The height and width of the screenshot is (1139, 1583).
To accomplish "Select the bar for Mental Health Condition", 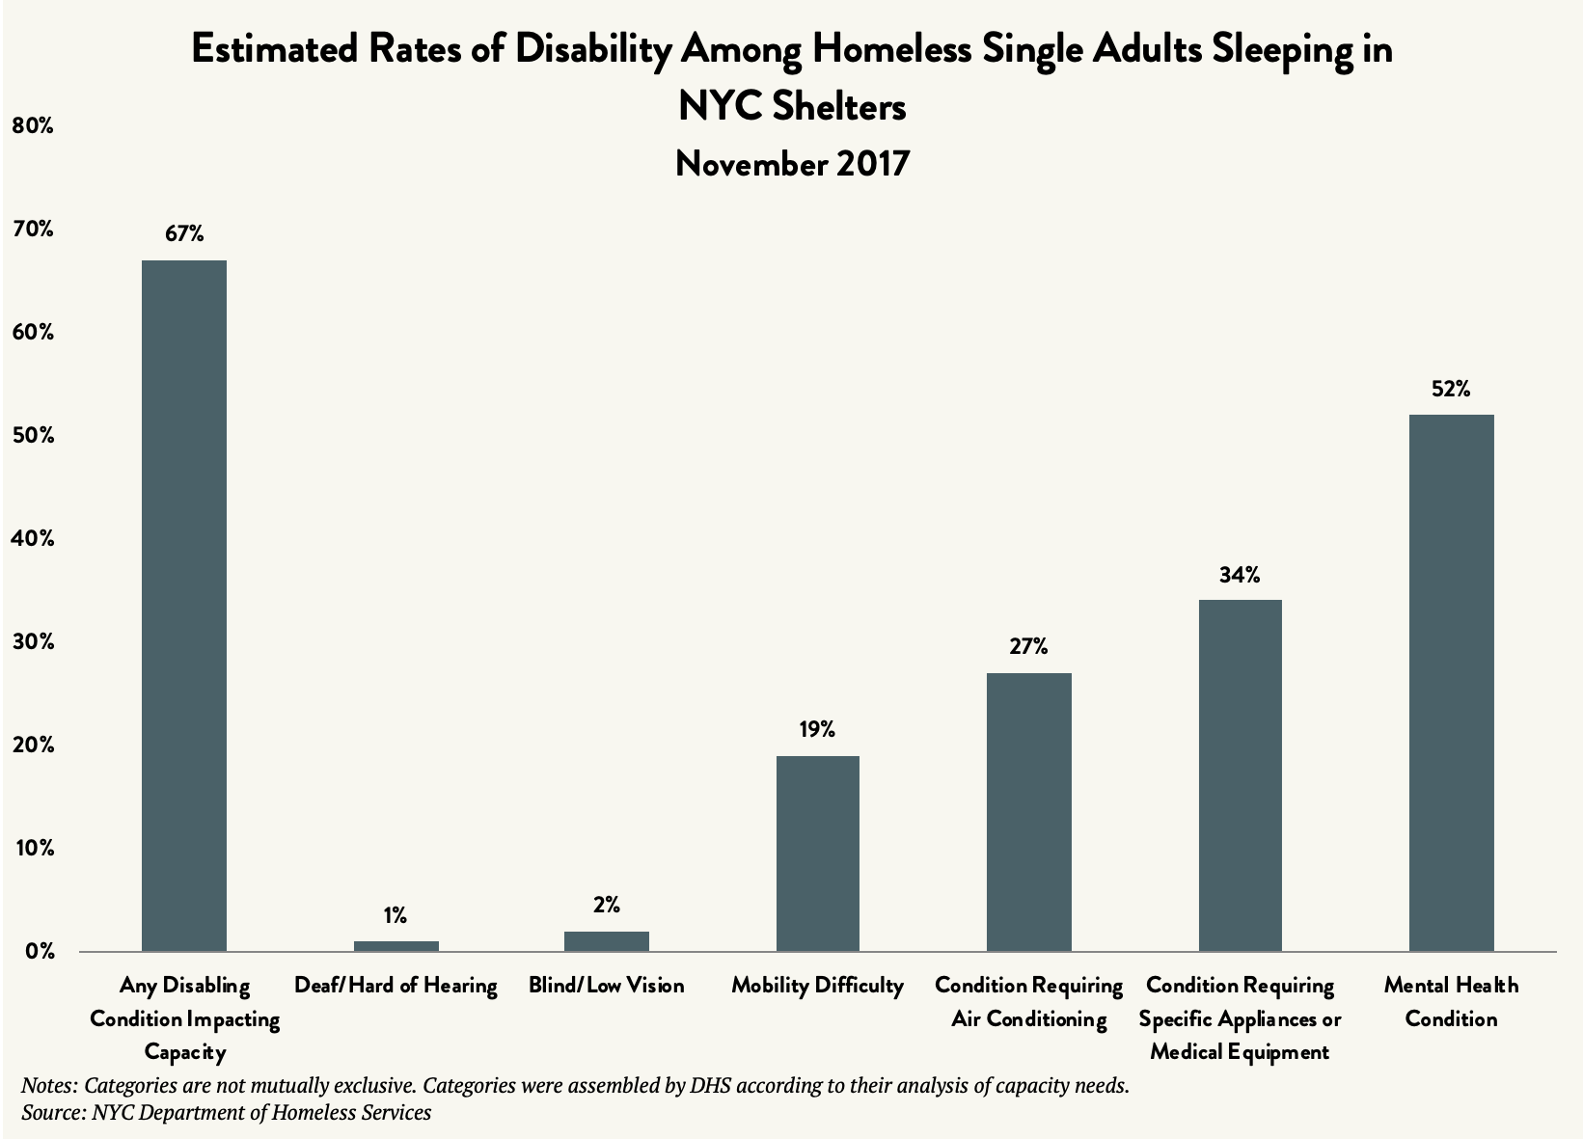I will pyautogui.click(x=1451, y=683).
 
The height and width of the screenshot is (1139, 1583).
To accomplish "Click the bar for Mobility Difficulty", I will pyautogui.click(x=817, y=854).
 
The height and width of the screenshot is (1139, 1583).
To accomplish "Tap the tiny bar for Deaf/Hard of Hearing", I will pyautogui.click(x=396, y=946).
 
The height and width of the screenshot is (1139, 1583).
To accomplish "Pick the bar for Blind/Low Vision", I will pyautogui.click(x=606, y=941).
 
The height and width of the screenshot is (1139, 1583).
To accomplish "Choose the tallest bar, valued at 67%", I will pyautogui.click(x=183, y=606).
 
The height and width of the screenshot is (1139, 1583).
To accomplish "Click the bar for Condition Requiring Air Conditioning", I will pyautogui.click(x=1028, y=812).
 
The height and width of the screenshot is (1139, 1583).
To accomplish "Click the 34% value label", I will pyautogui.click(x=1239, y=576).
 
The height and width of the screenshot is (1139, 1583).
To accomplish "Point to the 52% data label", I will pyautogui.click(x=1451, y=390).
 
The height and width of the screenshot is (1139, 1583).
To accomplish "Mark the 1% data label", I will pyautogui.click(x=396, y=914).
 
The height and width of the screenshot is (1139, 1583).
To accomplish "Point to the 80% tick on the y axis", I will pyautogui.click(x=32, y=125).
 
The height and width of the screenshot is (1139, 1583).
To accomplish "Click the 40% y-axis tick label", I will pyautogui.click(x=32, y=539).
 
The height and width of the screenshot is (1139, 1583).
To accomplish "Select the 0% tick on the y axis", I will pyautogui.click(x=39, y=952).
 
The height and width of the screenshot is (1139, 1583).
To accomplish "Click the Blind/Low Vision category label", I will pyautogui.click(x=606, y=986).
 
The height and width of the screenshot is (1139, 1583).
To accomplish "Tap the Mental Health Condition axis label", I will pyautogui.click(x=1451, y=1002).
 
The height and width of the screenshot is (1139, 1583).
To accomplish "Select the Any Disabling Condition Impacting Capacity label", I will pyautogui.click(x=184, y=1018).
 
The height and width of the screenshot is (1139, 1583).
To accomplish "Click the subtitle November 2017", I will pyautogui.click(x=792, y=164).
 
